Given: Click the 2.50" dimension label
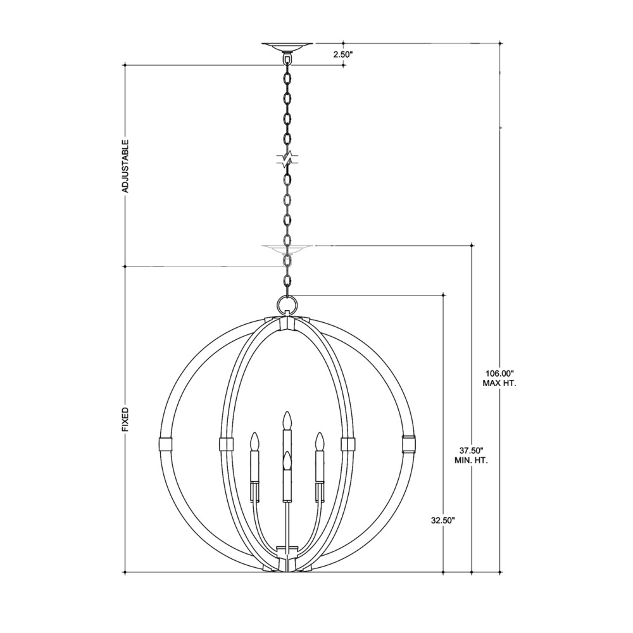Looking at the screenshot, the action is pos(343,54).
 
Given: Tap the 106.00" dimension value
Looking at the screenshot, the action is pos(500,373).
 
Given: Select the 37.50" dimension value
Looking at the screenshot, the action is pos(471,450).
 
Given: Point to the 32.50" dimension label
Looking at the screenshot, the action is pos(443,520).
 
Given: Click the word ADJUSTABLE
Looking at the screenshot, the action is pos(125,165).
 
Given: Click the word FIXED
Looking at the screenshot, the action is pos(125,420).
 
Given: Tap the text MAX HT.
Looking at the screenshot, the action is pos(500,384).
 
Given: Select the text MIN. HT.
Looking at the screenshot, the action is pos(471,461).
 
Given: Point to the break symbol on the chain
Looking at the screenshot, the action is pos(287,159).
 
